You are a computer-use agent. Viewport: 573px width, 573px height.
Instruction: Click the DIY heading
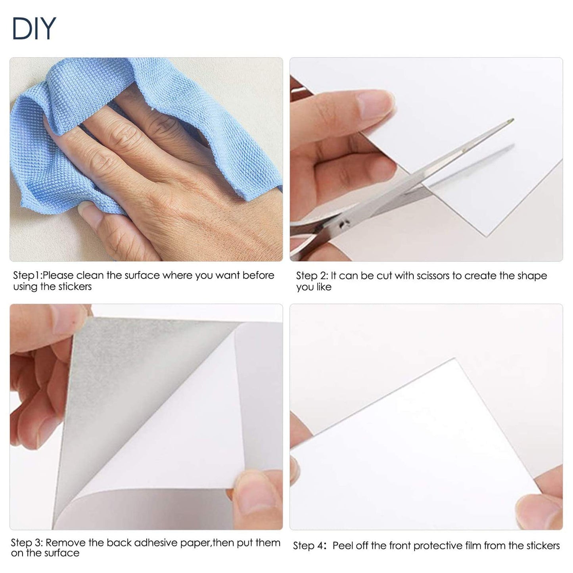(x=34, y=28)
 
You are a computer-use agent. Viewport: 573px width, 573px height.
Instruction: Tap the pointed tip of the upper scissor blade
(x=512, y=119)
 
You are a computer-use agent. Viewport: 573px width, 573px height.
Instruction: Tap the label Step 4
(x=309, y=546)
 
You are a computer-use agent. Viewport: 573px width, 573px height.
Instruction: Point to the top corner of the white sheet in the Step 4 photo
(x=454, y=359)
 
